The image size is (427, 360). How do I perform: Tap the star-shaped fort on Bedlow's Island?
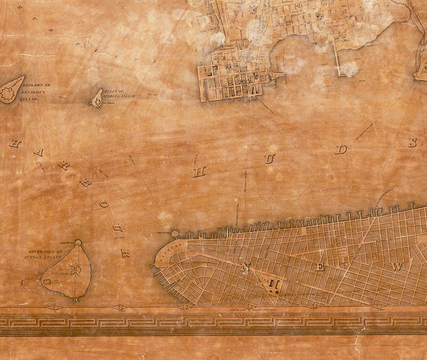tap(8, 94)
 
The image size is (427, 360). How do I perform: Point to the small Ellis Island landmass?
tap(97, 98)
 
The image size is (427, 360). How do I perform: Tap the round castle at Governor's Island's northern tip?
tap(78, 243)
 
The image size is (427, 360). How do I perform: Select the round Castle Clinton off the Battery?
tap(174, 234)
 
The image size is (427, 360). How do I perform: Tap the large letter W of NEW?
tap(397, 267)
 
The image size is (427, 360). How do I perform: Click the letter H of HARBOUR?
tap(15, 143)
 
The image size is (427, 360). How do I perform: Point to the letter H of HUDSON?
tap(200, 171)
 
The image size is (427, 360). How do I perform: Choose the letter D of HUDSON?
tap(340, 149)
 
